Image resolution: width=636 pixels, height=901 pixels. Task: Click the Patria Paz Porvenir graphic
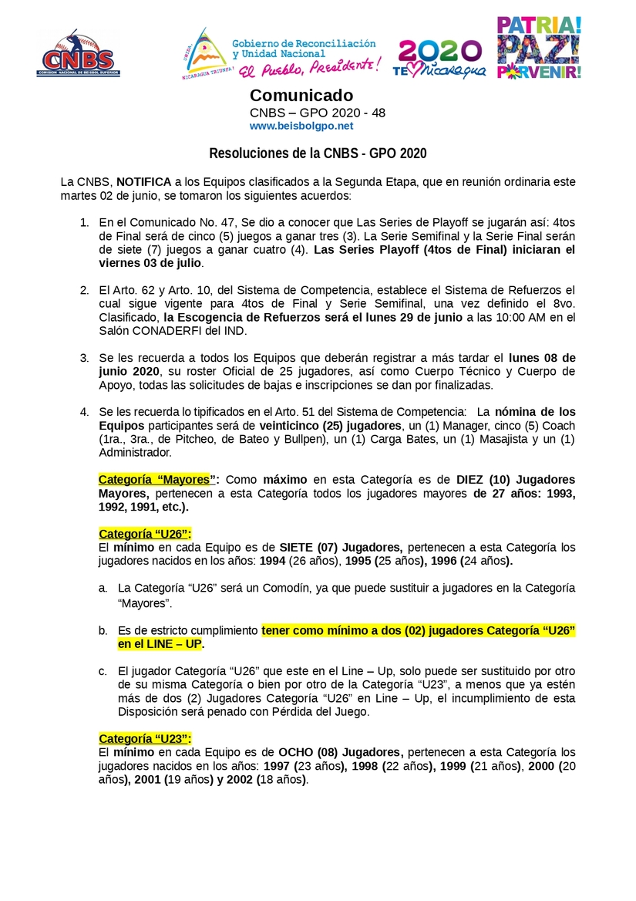pyautogui.click(x=539, y=48)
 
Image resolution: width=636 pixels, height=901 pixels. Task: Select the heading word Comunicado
pyautogui.click(x=301, y=96)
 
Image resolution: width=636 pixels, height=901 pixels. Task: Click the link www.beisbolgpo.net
pyautogui.click(x=301, y=126)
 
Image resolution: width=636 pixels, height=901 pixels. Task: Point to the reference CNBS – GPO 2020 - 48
pyautogui.click(x=318, y=113)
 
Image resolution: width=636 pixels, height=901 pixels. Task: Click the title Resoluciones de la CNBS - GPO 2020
pyautogui.click(x=318, y=154)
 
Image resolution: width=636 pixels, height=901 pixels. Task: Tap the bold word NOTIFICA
pyautogui.click(x=144, y=182)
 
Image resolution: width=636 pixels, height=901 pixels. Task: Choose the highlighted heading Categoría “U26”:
pyautogui.click(x=145, y=534)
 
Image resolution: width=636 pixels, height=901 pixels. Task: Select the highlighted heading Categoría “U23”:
pyautogui.click(x=145, y=738)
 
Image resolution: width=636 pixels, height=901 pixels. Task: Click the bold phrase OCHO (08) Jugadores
pyautogui.click(x=340, y=752)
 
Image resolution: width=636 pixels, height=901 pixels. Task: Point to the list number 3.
pyautogui.click(x=85, y=358)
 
